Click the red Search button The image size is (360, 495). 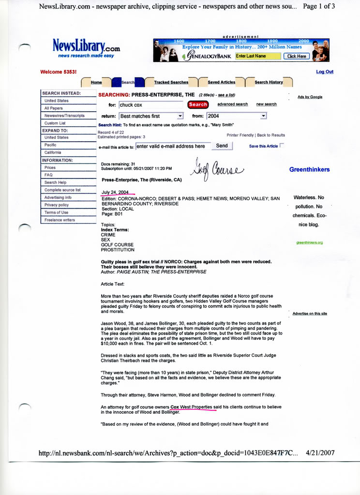[198, 104]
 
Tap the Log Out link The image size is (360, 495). [324, 72]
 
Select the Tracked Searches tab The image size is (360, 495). [171, 82]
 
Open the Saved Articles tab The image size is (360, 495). [221, 82]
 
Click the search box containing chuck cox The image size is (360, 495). [150, 104]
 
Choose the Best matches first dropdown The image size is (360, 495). [151, 116]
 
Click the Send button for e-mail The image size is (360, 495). [222, 146]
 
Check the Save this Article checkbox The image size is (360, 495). [282, 145]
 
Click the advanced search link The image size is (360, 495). [232, 104]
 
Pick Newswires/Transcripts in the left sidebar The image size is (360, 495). [64, 116]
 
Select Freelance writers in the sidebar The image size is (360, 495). [60, 220]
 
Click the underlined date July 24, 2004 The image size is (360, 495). [115, 192]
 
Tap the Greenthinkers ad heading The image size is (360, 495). [309, 170]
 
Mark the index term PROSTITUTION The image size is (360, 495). [118, 250]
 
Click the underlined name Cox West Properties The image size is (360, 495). [192, 407]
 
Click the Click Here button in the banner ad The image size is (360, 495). [296, 56]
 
